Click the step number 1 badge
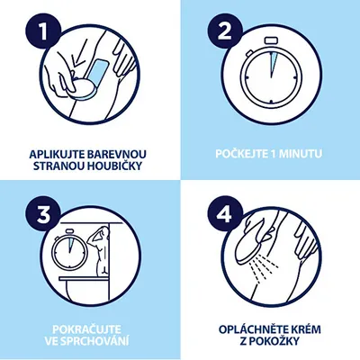(x=44, y=31)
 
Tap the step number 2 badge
(x=224, y=31)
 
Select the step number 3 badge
(x=44, y=213)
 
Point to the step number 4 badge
(x=224, y=213)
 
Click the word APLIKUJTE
(x=57, y=154)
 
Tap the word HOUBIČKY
(x=114, y=166)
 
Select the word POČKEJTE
(x=241, y=154)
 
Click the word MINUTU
(x=301, y=154)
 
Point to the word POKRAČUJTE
(x=86, y=329)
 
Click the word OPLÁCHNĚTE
(x=253, y=329)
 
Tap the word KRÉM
(x=305, y=329)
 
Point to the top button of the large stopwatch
(x=271, y=40)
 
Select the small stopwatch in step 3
(x=69, y=249)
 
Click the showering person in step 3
(x=99, y=250)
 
